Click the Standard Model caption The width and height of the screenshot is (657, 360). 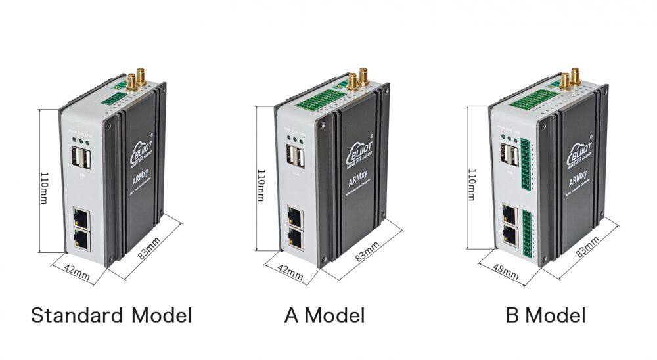[112, 315]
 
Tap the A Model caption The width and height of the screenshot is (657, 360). [325, 315]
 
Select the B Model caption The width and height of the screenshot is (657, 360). [545, 315]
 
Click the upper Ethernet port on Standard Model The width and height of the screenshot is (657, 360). [82, 217]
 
